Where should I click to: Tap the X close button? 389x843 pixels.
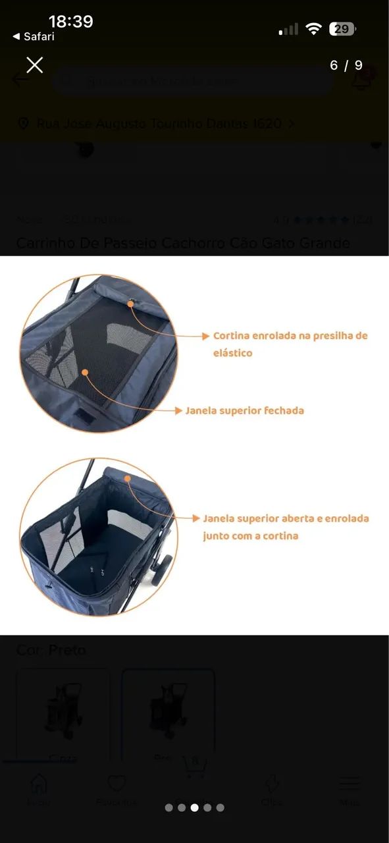coord(34,65)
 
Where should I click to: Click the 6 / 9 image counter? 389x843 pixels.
coord(346,65)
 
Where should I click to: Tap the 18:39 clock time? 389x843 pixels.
coord(70,22)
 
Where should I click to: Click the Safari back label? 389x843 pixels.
coord(34,37)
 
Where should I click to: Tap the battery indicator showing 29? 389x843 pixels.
coord(342,29)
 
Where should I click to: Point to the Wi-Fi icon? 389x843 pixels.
coord(314,29)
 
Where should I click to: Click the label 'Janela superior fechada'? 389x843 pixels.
coord(244,410)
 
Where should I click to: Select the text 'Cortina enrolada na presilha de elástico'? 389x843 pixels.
coord(290,344)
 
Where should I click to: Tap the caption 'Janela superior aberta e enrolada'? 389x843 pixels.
coord(286,519)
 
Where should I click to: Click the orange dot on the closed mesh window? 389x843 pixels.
coord(85,372)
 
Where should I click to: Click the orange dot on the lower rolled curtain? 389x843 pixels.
coord(126,479)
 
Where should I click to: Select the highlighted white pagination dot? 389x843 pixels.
coord(194,807)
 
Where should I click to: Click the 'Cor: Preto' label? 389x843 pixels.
coord(51,650)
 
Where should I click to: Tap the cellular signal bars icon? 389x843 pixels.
coord(288,30)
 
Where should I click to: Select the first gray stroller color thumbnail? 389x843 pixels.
coord(63,715)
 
